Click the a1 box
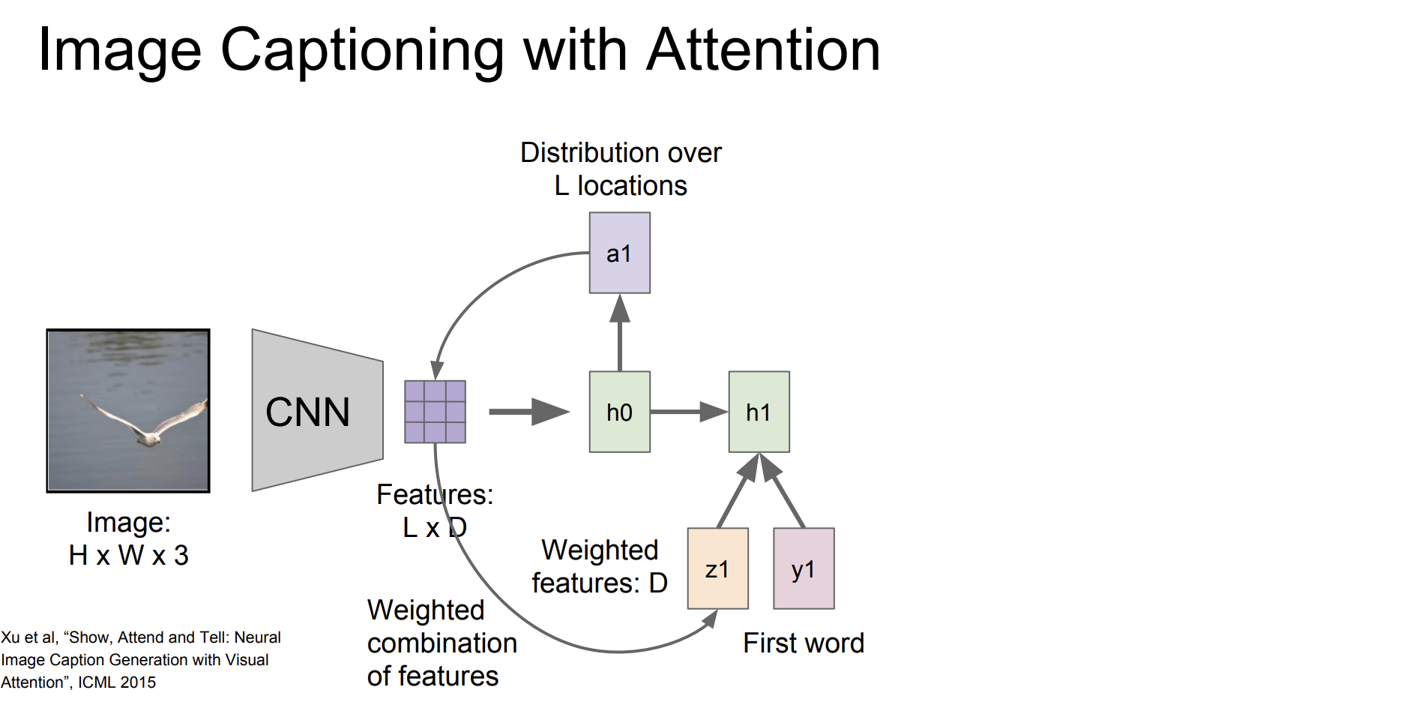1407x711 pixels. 619,253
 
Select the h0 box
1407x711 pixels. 619,412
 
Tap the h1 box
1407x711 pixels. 759,412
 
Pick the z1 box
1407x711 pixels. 717,568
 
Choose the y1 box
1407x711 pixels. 804,568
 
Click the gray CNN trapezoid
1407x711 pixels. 317,410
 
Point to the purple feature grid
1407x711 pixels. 435,412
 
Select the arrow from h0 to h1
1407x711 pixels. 689,412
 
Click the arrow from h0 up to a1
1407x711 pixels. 619,332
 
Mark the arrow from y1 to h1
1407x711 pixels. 783,490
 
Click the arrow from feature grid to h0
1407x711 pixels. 529,411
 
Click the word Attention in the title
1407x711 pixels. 763,50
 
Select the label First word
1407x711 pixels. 804,643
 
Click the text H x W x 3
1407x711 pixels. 128,555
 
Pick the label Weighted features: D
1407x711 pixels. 600,566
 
